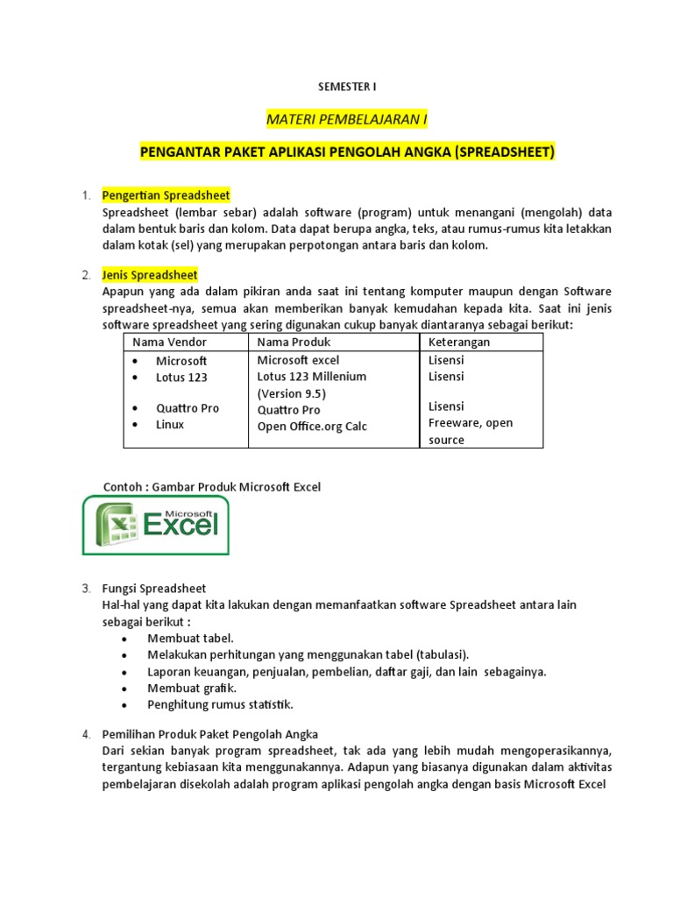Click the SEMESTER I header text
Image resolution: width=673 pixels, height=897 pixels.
pos(346,87)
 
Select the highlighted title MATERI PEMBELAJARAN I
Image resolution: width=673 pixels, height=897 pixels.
pos(347,119)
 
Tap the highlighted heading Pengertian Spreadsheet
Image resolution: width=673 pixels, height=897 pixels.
pos(166,195)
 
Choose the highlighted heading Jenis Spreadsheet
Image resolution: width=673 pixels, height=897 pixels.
pos(150,275)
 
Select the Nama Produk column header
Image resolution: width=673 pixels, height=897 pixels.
pos(294,342)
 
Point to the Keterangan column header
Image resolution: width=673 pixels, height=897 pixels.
pos(459,342)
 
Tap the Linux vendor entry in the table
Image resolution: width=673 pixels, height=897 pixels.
pos(170,425)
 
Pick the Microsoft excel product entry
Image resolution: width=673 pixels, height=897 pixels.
pos(298,360)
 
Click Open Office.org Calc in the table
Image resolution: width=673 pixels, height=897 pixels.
pos(312,427)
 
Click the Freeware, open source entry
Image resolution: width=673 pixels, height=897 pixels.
pos(471,431)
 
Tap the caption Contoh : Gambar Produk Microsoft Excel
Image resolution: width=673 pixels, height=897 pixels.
pos(212,487)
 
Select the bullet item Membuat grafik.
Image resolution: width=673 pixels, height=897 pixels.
pos(192,688)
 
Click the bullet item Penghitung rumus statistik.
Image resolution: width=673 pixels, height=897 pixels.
pos(220,704)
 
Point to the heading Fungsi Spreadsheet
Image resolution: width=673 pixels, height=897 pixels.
pos(154,588)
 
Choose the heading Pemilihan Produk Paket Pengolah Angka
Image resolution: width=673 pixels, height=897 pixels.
pos(210,734)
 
